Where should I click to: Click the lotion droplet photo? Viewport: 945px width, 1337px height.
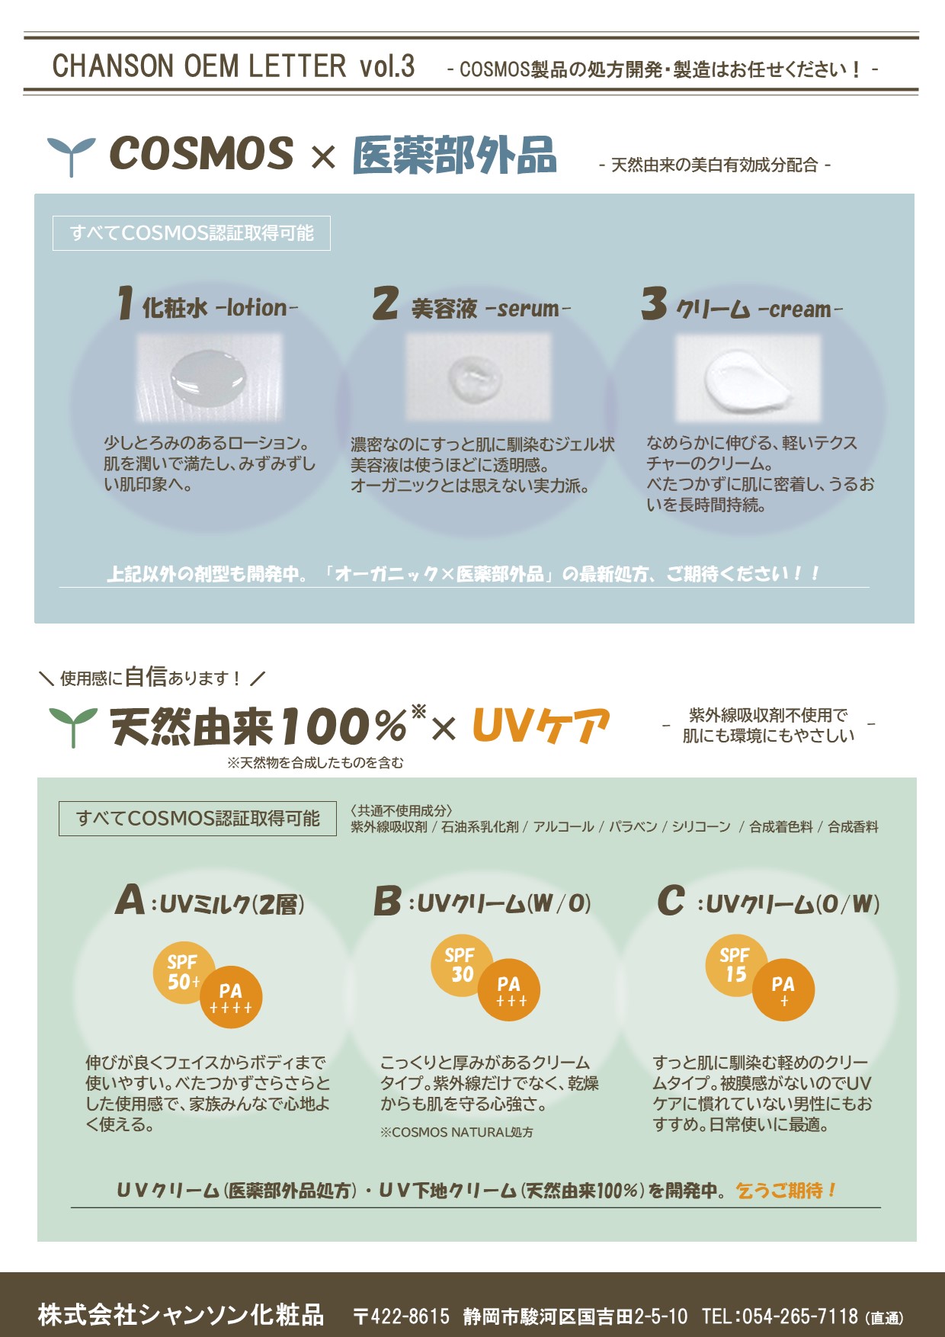point(209,377)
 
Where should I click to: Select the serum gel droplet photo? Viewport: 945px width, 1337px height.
point(478,377)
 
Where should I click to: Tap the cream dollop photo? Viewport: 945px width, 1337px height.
point(748,378)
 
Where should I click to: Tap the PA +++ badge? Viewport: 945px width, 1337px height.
point(508,989)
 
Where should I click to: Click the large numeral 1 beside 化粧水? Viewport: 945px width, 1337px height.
point(126,303)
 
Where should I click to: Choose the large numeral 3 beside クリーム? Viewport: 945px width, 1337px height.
point(654,303)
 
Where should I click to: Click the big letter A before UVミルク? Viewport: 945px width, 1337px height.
point(130,899)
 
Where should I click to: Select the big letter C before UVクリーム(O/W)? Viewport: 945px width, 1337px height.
point(671,899)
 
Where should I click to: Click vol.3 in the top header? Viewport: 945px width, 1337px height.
point(387,66)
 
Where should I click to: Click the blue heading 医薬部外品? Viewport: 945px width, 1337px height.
point(454,156)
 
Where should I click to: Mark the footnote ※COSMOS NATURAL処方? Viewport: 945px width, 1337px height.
point(456,1133)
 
